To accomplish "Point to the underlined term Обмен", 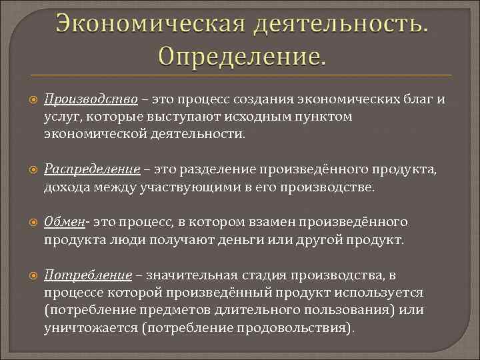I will (64, 221).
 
